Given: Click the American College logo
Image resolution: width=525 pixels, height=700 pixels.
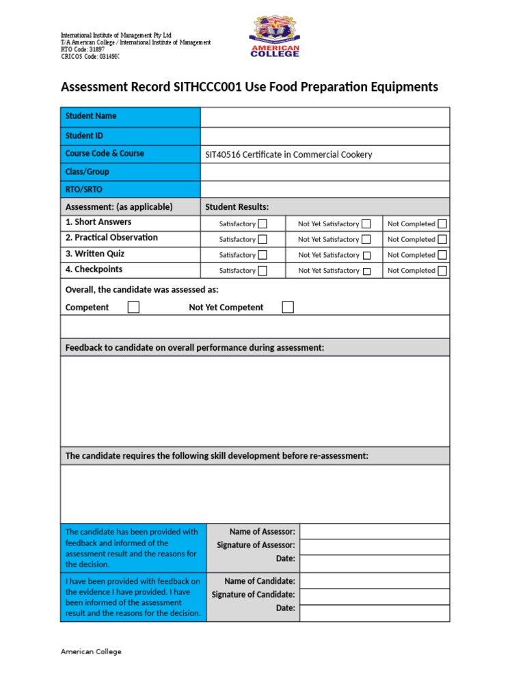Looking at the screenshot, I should [275, 38].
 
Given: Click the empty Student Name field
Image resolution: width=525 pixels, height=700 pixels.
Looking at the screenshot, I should [325, 117].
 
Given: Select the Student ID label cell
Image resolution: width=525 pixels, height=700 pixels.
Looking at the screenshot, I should [131, 135].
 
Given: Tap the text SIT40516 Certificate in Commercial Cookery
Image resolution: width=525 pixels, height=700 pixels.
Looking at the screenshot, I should [288, 154].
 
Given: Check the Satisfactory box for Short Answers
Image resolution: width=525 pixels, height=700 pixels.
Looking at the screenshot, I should [262, 224].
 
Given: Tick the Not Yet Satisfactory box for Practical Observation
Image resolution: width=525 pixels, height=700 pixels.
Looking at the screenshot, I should [366, 239].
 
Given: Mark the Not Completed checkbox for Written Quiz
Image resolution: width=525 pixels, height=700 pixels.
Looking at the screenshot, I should [442, 255].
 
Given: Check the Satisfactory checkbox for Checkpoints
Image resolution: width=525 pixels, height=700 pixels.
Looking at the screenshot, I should [262, 271].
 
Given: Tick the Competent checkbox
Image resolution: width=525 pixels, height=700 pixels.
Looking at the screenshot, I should [133, 307].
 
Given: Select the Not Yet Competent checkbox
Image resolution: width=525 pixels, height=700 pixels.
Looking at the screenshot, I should [288, 307].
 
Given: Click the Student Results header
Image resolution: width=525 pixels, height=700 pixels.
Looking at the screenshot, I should [237, 206].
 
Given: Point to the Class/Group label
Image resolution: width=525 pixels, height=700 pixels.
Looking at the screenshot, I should [87, 172].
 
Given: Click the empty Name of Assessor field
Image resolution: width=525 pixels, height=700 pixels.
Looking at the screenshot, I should [374, 531].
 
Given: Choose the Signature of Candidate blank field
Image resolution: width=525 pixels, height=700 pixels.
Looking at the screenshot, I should [374, 595].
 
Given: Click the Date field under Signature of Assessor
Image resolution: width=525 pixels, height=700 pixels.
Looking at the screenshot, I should [374, 563].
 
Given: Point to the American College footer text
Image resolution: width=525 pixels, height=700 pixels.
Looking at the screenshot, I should [91, 651].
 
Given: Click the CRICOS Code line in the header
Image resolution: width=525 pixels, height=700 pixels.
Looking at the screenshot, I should [90, 55].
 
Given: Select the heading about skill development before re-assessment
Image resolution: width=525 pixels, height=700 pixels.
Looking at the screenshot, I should [217, 456].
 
